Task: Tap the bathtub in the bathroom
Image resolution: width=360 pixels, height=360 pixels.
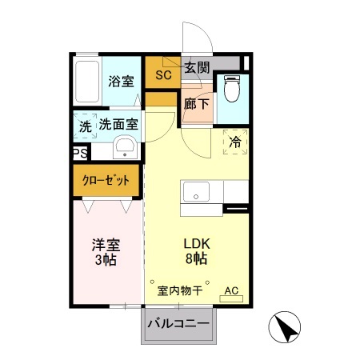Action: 87,80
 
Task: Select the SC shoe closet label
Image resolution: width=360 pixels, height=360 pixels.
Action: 163,76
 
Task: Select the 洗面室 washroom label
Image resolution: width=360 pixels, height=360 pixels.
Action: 119,125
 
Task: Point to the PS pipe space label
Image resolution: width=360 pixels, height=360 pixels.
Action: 79,154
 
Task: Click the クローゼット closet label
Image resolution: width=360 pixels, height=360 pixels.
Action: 106,181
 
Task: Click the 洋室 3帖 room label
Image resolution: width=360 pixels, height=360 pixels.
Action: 104,252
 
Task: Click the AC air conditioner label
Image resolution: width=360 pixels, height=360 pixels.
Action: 231,290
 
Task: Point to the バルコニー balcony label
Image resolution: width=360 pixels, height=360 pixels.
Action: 179,325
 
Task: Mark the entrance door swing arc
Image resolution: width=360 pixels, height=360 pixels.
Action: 198,40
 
